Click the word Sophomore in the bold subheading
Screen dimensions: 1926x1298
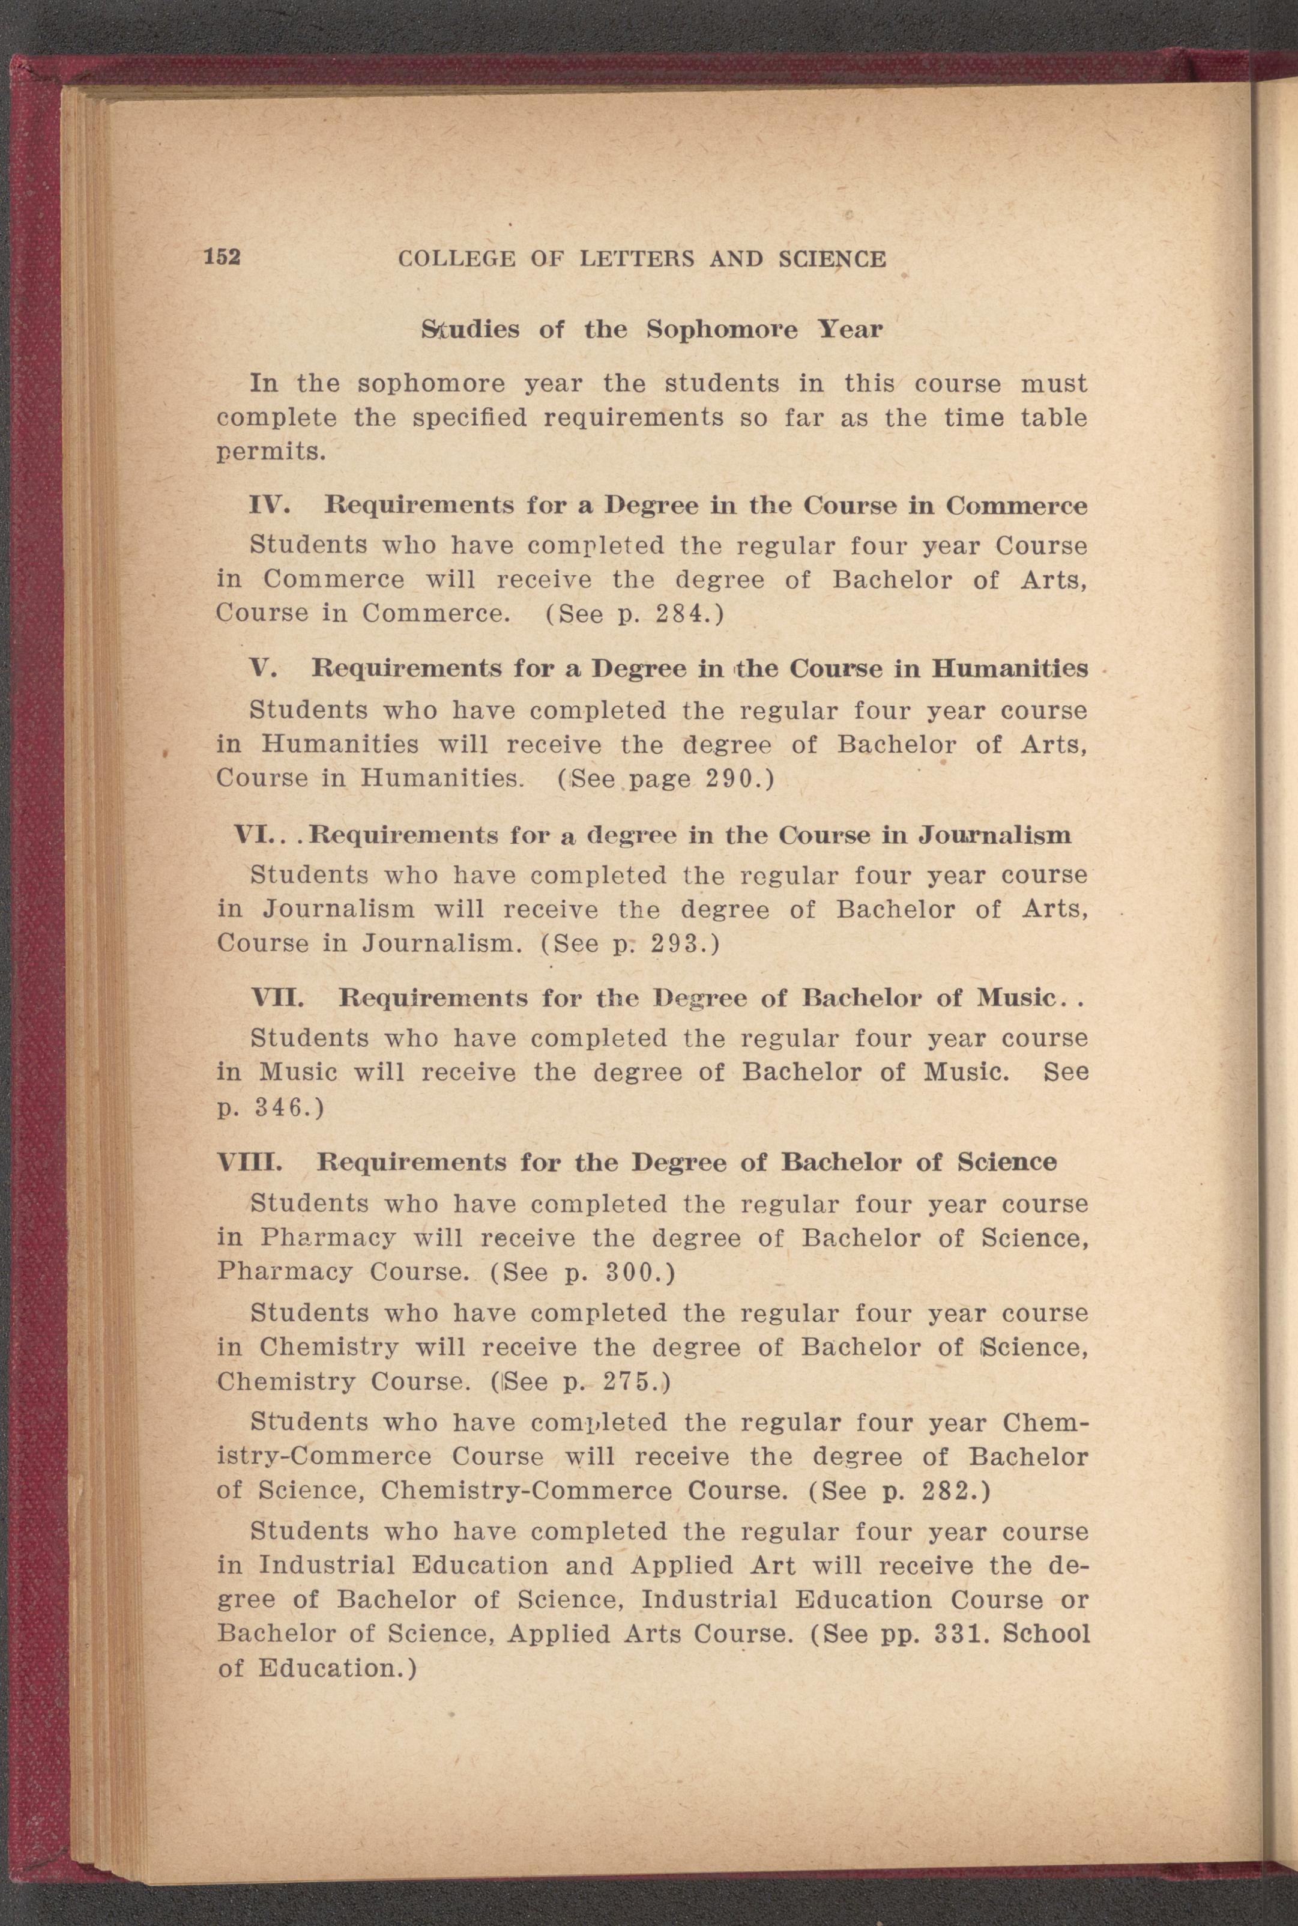(x=722, y=330)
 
